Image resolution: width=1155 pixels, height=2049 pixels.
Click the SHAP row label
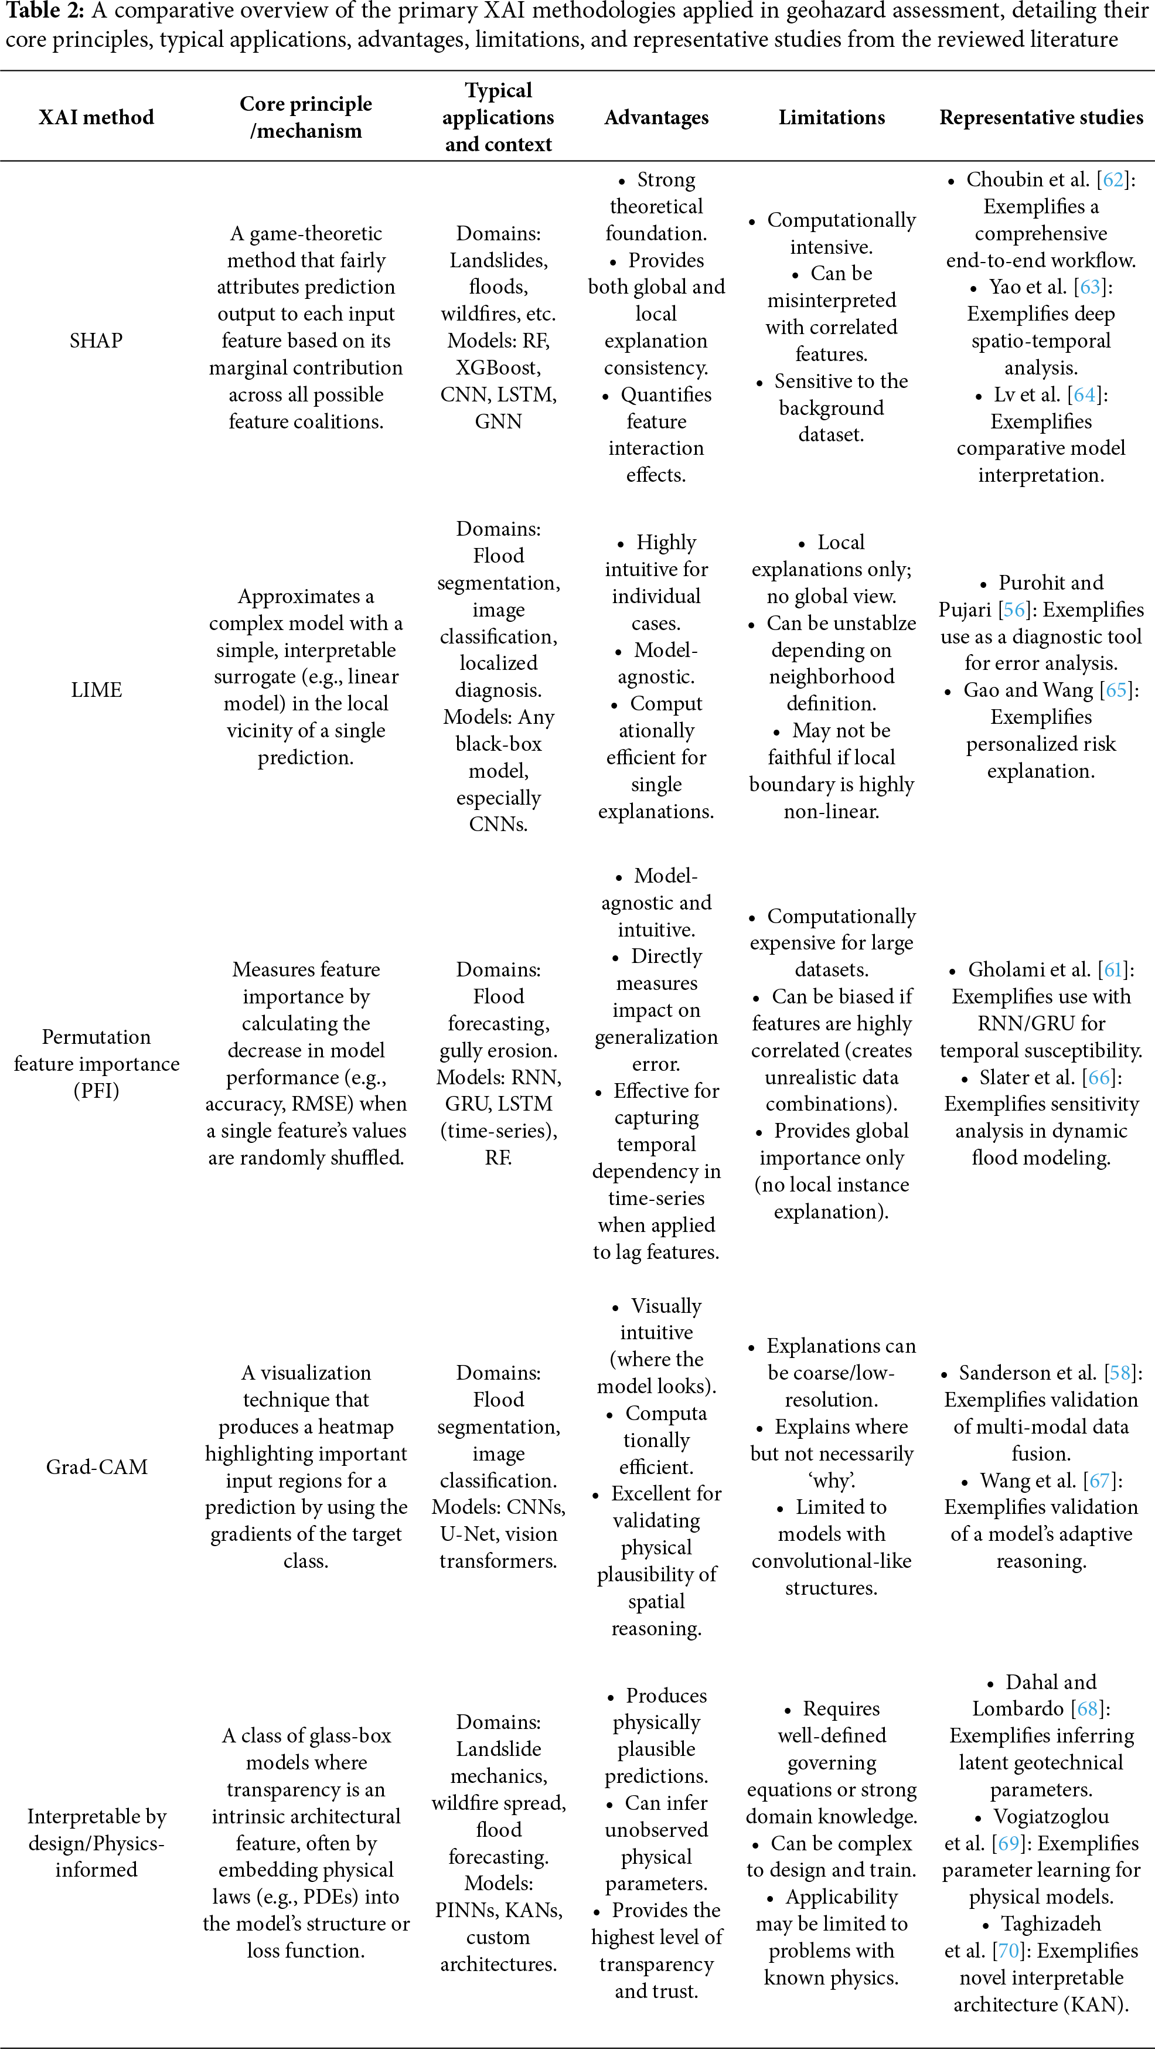(96, 341)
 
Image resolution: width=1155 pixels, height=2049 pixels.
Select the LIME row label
(96, 690)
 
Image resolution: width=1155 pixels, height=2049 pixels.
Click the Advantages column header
(656, 117)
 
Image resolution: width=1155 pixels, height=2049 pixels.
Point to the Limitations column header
(832, 117)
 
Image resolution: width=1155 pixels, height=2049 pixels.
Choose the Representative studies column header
(1041, 117)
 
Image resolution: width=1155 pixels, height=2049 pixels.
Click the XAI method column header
(96, 117)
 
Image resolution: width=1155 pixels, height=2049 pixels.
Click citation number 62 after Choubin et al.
(1113, 180)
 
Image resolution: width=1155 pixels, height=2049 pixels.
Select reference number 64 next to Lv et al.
(1084, 394)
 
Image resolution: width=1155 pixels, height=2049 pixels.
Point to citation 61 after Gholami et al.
(1113, 969)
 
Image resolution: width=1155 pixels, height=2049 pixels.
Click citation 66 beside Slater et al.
(1099, 1077)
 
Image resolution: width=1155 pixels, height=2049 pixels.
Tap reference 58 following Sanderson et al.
(1120, 1373)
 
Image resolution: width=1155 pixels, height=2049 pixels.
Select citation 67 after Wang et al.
(1099, 1480)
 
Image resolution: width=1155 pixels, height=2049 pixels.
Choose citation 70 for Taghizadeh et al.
(1009, 1951)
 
